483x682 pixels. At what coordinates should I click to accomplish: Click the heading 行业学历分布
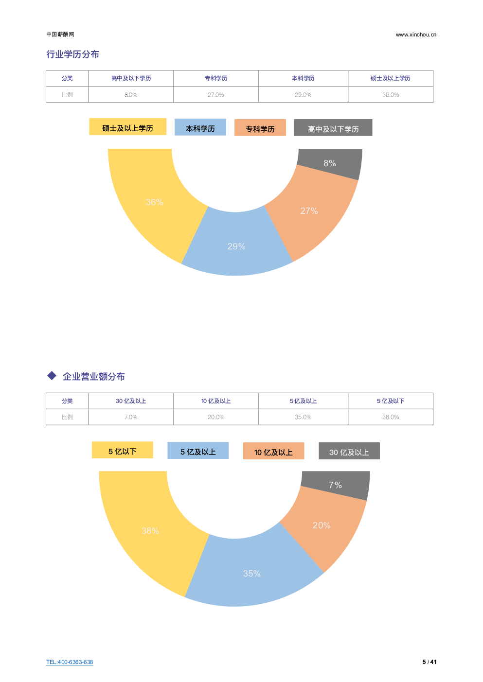click(x=72, y=54)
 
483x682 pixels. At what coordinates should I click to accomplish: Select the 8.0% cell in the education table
click(x=131, y=95)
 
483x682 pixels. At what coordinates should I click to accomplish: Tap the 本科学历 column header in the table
click(x=303, y=78)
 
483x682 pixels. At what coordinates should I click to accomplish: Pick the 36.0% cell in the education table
click(x=391, y=95)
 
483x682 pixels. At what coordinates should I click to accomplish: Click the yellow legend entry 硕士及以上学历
click(x=127, y=127)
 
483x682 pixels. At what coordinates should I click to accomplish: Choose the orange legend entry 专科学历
click(x=260, y=128)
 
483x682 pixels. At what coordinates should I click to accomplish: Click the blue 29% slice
click(x=236, y=245)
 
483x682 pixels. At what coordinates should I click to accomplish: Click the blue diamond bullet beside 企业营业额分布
click(x=52, y=376)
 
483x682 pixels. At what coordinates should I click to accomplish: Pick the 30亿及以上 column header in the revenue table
click(x=131, y=401)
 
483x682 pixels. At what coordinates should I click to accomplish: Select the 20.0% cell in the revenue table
click(x=216, y=417)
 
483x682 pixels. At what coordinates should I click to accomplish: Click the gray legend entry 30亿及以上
click(x=349, y=452)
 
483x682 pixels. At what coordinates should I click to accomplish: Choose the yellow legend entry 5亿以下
click(x=122, y=451)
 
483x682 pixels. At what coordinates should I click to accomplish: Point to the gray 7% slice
click(x=335, y=485)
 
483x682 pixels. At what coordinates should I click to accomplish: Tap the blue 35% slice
click(x=252, y=574)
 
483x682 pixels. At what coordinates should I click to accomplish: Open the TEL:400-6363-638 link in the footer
click(x=70, y=662)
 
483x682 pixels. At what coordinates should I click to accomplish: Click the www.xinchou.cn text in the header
click(x=416, y=35)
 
